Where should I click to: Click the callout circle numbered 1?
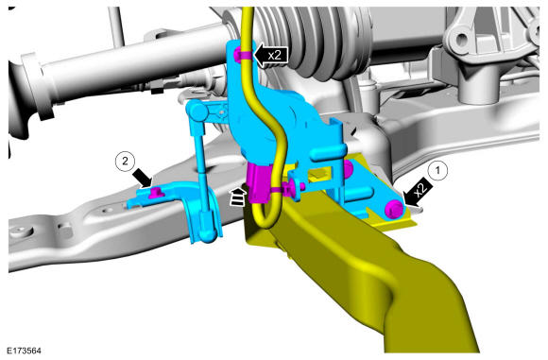point(437,171)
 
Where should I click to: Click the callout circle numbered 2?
point(125,162)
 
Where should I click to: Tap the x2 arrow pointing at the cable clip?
point(270,55)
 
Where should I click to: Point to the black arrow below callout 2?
point(143,178)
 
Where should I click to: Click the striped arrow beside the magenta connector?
point(238,197)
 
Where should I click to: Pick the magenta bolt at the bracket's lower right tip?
point(395,209)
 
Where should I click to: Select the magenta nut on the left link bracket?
point(154,192)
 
